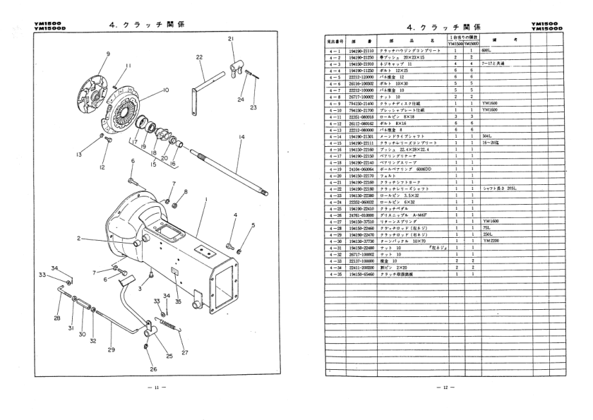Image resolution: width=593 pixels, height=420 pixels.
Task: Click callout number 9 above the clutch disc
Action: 108,54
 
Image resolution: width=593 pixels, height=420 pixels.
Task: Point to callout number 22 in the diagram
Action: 199,57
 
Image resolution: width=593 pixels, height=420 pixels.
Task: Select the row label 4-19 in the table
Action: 331,170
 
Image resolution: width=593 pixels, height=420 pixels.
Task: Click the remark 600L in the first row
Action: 486,52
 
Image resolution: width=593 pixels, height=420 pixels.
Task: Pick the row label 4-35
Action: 331,273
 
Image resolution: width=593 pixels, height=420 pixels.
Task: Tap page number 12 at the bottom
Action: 443,388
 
